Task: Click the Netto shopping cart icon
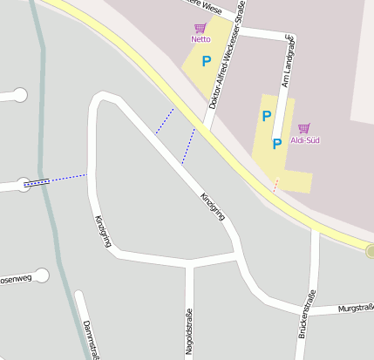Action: (201, 28)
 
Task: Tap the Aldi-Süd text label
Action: (303, 140)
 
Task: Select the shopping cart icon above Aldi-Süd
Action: (303, 128)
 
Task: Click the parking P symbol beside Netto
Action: (207, 61)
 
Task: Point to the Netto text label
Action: (201, 39)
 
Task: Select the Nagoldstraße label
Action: (188, 333)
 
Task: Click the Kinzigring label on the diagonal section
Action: (213, 206)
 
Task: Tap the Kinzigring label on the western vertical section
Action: (102, 231)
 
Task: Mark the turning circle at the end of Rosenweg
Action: (41, 276)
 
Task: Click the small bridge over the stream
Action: (36, 183)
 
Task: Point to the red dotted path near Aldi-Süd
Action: (275, 185)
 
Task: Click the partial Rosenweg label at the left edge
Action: (15, 279)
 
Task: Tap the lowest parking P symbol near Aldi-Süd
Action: (276, 144)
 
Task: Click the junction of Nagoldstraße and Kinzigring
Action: (189, 262)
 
